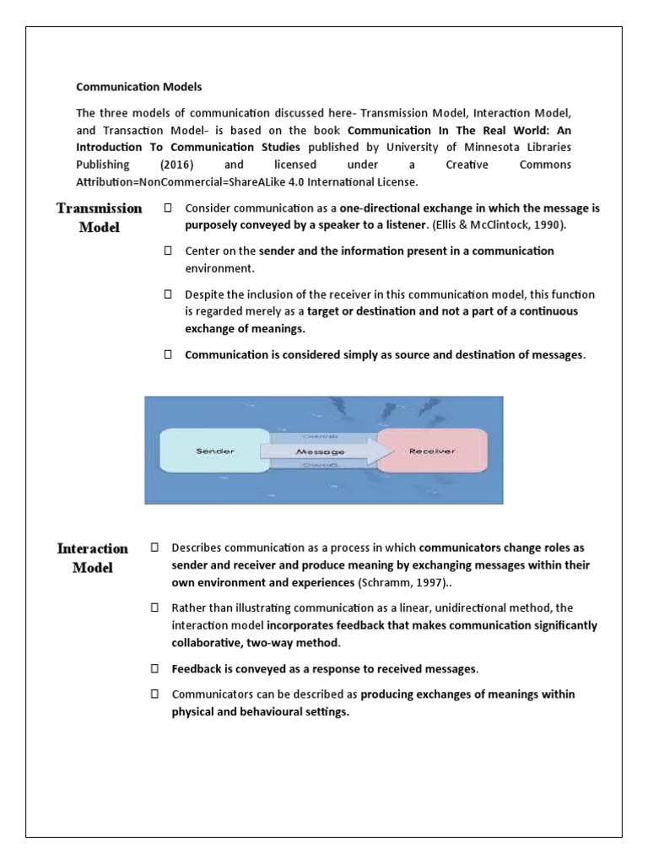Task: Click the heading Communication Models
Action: coord(139,86)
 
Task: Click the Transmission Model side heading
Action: coord(100,217)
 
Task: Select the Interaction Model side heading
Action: coord(93,558)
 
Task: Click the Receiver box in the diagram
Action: coord(431,451)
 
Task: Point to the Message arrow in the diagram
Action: coord(321,451)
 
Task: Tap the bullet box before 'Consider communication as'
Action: coord(168,208)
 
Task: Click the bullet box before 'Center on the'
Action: coord(168,251)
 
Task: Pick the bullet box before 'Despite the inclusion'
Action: coord(168,294)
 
